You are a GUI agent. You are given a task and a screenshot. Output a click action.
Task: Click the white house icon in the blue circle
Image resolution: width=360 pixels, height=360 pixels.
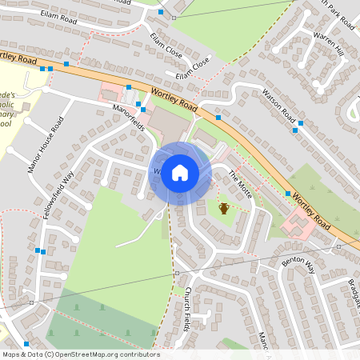tap(180, 172)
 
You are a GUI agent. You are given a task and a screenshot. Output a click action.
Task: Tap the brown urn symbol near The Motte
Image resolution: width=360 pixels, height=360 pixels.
tap(225, 209)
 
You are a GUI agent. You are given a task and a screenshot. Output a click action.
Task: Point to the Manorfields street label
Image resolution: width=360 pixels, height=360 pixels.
tap(129, 118)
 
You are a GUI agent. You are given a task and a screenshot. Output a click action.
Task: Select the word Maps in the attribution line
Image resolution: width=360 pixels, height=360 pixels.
tap(11, 354)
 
